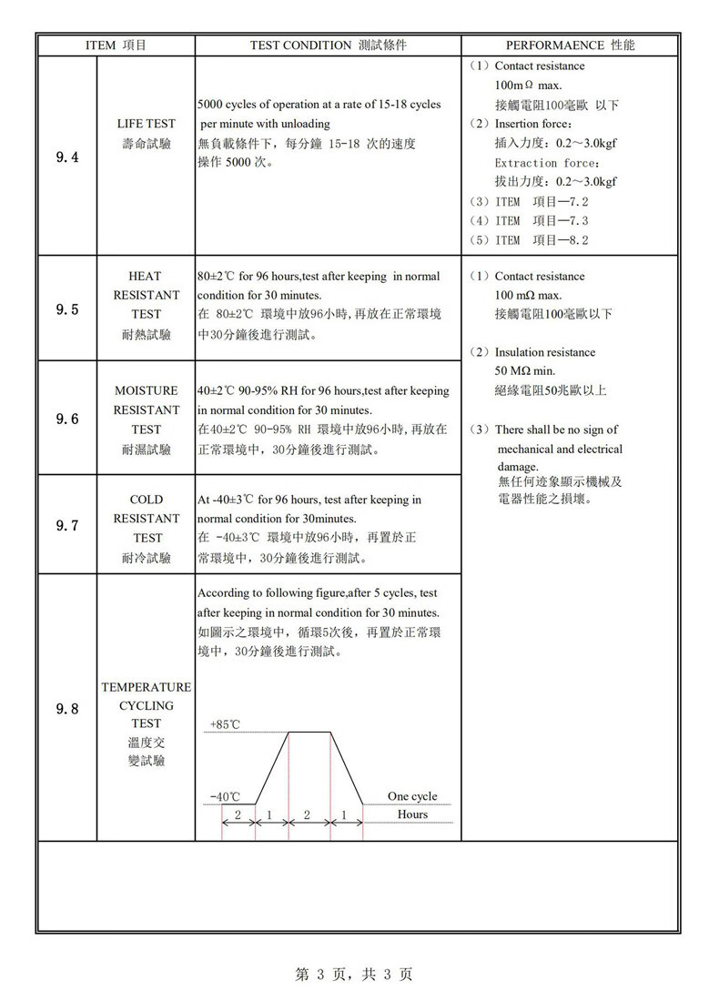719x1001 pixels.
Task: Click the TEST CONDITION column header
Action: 328,45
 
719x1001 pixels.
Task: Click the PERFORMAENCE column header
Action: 570,45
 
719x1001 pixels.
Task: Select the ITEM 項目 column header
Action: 116,45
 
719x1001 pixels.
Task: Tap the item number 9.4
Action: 67,157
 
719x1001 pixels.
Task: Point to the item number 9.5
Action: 67,309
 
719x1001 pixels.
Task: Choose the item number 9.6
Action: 67,419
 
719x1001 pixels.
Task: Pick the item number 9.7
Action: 67,526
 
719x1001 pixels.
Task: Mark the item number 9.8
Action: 67,709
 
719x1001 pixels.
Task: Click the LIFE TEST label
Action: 147,123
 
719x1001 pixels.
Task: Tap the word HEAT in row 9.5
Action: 146,276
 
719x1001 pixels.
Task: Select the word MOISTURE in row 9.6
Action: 146,390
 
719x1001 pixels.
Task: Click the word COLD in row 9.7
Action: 146,500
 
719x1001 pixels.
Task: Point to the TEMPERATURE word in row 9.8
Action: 146,687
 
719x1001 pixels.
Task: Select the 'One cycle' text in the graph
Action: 411,796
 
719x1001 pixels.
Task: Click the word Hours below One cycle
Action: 412,814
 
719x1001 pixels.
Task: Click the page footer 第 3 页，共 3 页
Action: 354,975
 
